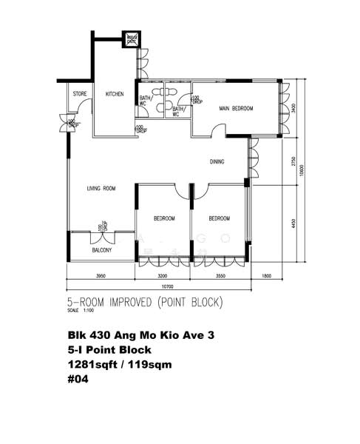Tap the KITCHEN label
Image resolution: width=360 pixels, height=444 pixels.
pyautogui.click(x=115, y=94)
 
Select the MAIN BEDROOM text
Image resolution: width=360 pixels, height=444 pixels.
pyautogui.click(x=236, y=109)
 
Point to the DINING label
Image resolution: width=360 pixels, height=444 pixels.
pyautogui.click(x=217, y=161)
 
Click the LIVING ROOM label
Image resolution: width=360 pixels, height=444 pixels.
pyautogui.click(x=101, y=189)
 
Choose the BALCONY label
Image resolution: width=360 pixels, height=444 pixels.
pyautogui.click(x=102, y=250)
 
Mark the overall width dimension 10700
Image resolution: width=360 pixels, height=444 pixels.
pyautogui.click(x=171, y=286)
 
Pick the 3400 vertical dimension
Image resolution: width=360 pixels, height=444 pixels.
pyautogui.click(x=293, y=107)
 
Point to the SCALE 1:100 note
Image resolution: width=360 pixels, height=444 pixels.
pyautogui.click(x=78, y=311)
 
